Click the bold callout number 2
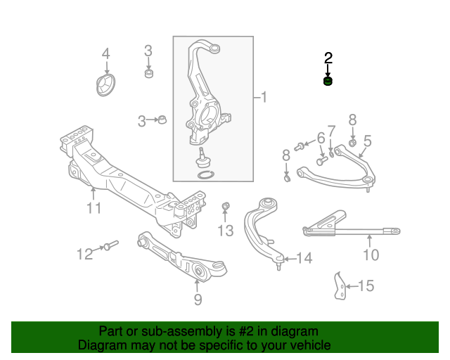click(x=328, y=58)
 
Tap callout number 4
click(x=106, y=54)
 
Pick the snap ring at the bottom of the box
click(x=205, y=174)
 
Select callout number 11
click(x=94, y=208)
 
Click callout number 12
click(x=84, y=254)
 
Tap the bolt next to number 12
click(x=110, y=246)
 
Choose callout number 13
click(x=225, y=231)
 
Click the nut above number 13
click(x=226, y=206)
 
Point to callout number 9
click(x=198, y=300)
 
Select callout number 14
click(x=304, y=259)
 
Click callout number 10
click(x=371, y=254)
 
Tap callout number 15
click(x=366, y=285)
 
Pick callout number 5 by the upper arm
click(x=367, y=141)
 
